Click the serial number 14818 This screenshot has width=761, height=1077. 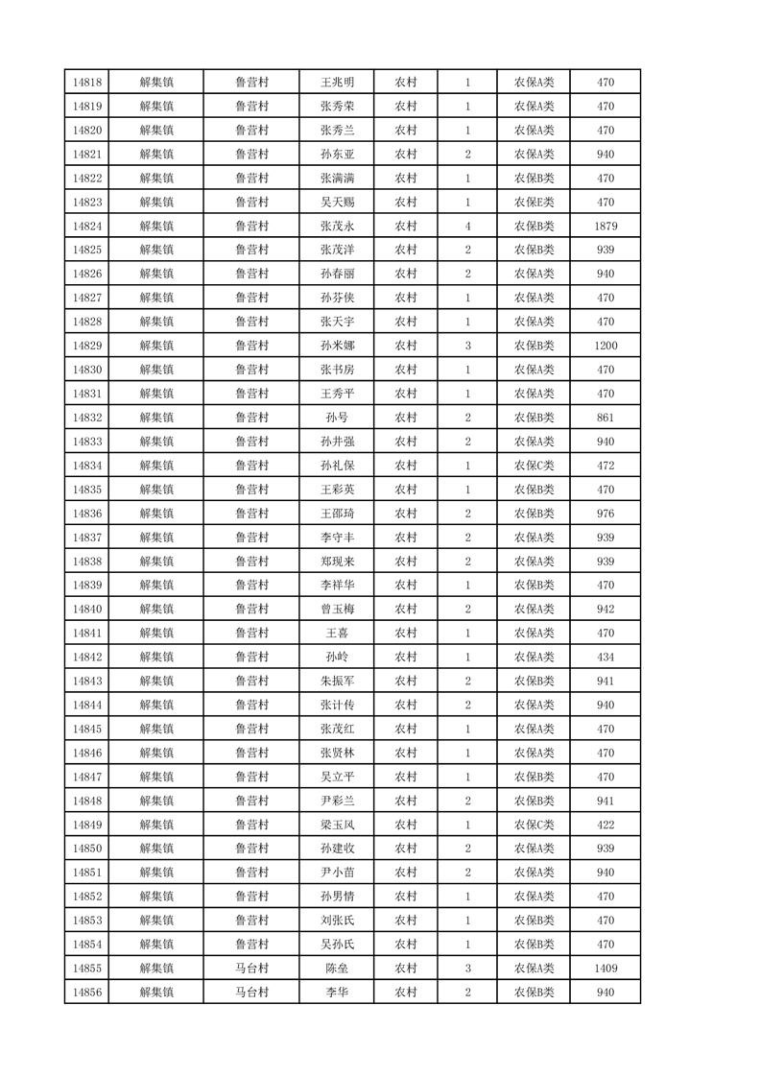[x=87, y=83]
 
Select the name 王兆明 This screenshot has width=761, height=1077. [x=337, y=83]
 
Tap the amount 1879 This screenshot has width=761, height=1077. [x=605, y=227]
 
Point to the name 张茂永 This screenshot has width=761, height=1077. [x=337, y=227]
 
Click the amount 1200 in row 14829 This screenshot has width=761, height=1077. [x=605, y=346]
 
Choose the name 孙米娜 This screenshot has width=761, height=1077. [x=337, y=346]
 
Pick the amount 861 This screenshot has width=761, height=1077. [x=605, y=418]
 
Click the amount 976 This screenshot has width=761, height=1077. [x=605, y=514]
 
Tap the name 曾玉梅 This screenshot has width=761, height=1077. [x=337, y=609]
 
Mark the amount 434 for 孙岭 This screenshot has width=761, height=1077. [x=605, y=657]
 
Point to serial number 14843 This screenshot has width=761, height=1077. [x=87, y=681]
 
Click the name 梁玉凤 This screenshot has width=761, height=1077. [x=337, y=825]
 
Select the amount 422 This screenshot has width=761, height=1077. [x=605, y=825]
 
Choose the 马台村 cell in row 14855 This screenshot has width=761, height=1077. [x=251, y=969]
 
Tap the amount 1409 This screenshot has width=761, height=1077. [x=605, y=969]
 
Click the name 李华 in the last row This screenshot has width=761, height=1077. [x=337, y=993]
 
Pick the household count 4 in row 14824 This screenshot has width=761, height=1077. [x=467, y=227]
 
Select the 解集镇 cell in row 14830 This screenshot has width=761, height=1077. [x=156, y=370]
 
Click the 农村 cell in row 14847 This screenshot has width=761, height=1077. [x=406, y=777]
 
